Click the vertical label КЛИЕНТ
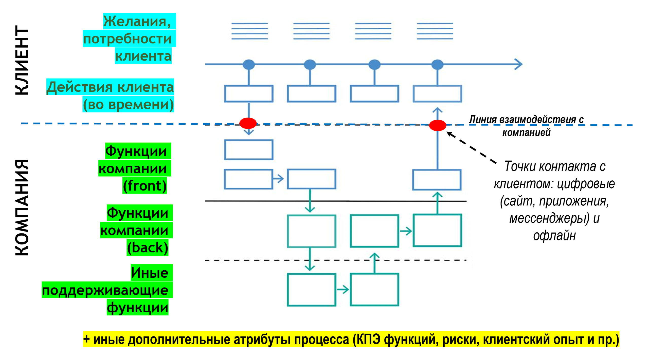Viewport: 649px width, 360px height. click(x=22, y=60)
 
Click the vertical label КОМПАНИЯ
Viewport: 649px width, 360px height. click(x=22, y=207)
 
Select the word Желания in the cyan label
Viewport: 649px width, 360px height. click(x=136, y=21)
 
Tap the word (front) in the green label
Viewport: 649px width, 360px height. click(x=145, y=186)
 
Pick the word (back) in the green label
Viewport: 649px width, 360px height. click(x=147, y=248)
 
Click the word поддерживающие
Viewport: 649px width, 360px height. click(x=105, y=290)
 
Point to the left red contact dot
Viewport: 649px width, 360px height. click(x=248, y=123)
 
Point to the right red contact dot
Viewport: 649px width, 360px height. click(x=437, y=125)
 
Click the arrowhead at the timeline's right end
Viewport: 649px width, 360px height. click(x=519, y=64)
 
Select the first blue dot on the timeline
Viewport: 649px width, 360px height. click(x=248, y=64)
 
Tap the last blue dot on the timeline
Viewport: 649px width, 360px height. click(x=437, y=64)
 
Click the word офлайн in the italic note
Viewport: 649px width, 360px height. click(x=554, y=236)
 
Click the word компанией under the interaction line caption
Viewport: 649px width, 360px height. click(x=526, y=132)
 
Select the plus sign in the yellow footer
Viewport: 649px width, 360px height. click(x=86, y=339)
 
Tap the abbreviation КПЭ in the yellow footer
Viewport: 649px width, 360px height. click(x=368, y=339)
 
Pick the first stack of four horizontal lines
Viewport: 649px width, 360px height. click(x=249, y=31)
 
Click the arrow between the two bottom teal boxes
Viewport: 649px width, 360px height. click(x=343, y=289)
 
